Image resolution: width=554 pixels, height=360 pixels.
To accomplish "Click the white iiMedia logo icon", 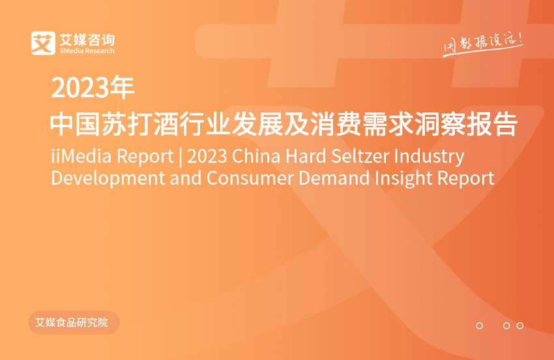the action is pos(43,43).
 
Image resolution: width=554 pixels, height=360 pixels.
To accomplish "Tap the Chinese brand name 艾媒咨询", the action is pos(87,39).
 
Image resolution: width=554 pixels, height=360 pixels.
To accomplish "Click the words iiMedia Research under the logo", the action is pos(87,51).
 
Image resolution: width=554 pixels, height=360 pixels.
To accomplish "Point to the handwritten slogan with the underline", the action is pos(483,44).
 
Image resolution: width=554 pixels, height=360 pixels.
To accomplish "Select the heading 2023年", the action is pos(93,87).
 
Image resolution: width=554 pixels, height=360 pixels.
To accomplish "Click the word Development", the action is pos(108,178).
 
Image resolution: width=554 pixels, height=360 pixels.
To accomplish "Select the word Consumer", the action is pos(250,178).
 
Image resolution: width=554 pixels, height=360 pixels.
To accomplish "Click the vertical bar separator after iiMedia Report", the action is pos(181,157).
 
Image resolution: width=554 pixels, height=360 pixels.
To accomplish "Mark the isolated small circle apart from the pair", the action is pos(480,325).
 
